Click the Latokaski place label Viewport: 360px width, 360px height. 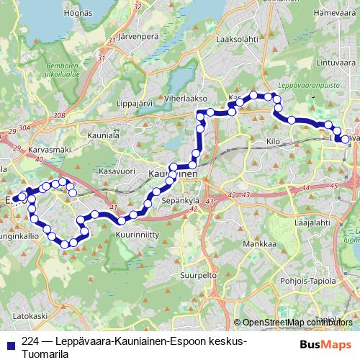click(30, 315)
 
